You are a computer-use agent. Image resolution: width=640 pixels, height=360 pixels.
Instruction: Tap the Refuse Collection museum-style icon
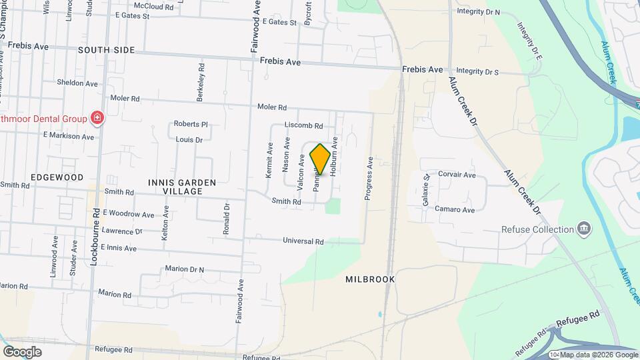click(x=584, y=229)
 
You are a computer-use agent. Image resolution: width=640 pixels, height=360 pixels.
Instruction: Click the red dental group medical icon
click(x=97, y=119)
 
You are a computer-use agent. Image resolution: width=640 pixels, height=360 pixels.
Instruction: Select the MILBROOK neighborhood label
click(x=371, y=279)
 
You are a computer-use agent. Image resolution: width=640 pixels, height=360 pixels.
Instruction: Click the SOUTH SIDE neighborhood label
click(x=106, y=50)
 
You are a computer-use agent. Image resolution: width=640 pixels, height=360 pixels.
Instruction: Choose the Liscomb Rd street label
click(x=303, y=125)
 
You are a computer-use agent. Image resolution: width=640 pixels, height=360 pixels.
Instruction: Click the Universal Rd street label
click(x=303, y=241)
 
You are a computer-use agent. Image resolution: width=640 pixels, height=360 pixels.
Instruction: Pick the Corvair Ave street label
click(x=457, y=175)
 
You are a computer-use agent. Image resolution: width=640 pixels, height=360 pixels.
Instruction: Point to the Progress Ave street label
click(x=367, y=178)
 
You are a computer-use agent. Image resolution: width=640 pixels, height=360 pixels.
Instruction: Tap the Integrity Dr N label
click(x=478, y=11)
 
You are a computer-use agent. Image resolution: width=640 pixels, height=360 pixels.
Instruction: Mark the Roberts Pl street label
click(x=191, y=124)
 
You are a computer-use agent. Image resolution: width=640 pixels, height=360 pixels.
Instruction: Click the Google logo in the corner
click(x=22, y=352)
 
